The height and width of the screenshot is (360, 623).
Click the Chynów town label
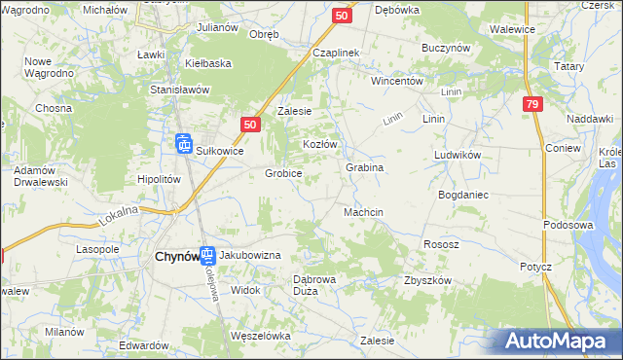click(176, 257)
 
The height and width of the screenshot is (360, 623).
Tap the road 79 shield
click(531, 104)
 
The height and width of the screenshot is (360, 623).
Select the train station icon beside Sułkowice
click(185, 144)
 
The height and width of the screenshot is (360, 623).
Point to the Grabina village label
click(365, 167)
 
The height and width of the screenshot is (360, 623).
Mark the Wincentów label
click(396, 81)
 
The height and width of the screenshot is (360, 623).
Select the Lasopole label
click(97, 250)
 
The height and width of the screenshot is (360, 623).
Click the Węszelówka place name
click(260, 336)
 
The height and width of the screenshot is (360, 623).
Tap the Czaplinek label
click(337, 53)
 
